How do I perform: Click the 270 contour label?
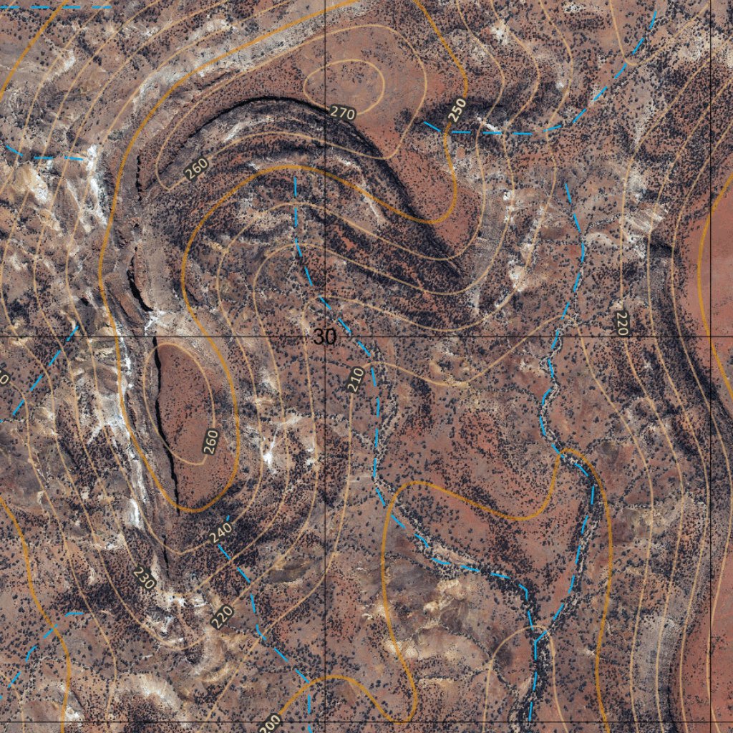tap(343, 113)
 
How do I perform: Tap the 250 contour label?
tap(457, 110)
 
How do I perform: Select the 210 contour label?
tap(355, 379)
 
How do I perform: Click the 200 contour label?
tap(270, 723)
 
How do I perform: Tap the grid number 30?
tap(324, 337)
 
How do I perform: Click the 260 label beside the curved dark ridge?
tap(195, 168)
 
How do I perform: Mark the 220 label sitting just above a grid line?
tap(621, 324)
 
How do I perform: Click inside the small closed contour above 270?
tap(344, 82)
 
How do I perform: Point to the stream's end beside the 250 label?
tap(427, 123)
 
